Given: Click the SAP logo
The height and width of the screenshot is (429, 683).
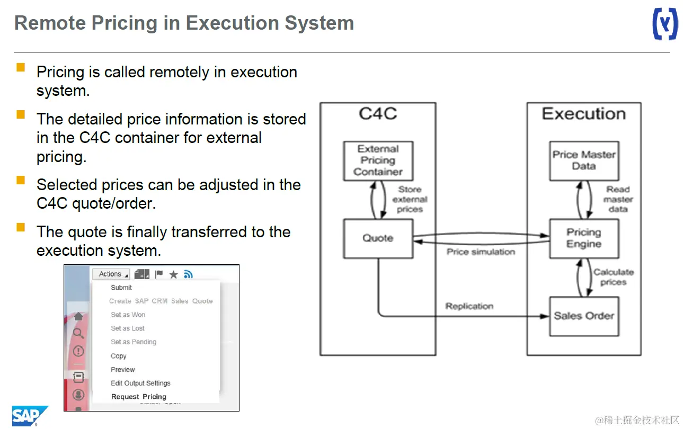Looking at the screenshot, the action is pyautogui.click(x=30, y=416).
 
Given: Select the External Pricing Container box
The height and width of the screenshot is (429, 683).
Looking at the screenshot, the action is pyautogui.click(x=378, y=161).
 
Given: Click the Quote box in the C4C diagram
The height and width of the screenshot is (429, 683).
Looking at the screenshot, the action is pyautogui.click(x=378, y=238).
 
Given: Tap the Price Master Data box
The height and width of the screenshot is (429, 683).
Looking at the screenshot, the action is pyautogui.click(x=584, y=161).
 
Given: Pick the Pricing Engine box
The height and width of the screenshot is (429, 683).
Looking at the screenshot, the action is pyautogui.click(x=584, y=238).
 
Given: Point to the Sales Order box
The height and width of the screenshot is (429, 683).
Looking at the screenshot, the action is pyautogui.click(x=584, y=316).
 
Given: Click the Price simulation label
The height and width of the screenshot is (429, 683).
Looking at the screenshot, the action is pyautogui.click(x=481, y=252).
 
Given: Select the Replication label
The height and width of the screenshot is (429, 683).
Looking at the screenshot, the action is pyautogui.click(x=469, y=306).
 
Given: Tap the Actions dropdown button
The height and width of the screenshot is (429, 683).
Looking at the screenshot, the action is pyautogui.click(x=111, y=274).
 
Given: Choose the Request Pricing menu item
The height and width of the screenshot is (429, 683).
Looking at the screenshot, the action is pyautogui.click(x=139, y=397).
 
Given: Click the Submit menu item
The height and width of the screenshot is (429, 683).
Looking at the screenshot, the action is pyautogui.click(x=121, y=288).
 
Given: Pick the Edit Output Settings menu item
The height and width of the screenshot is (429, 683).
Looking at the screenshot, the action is pyautogui.click(x=140, y=383).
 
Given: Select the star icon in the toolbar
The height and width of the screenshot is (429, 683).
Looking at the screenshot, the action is pyautogui.click(x=173, y=274).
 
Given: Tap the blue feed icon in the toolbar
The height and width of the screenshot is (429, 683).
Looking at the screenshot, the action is pyautogui.click(x=188, y=274).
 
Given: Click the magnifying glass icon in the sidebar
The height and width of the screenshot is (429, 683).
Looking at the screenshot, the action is pyautogui.click(x=78, y=333).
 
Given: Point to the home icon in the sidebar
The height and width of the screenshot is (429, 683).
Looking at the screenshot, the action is pyautogui.click(x=78, y=316).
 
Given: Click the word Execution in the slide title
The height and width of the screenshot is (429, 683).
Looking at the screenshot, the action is pyautogui.click(x=232, y=23).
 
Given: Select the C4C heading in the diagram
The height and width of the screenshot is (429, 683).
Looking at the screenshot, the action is pyautogui.click(x=378, y=114).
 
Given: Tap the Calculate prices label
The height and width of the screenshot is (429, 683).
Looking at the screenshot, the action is pyautogui.click(x=614, y=277).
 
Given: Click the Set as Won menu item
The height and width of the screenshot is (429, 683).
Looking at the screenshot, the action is pyautogui.click(x=128, y=315).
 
